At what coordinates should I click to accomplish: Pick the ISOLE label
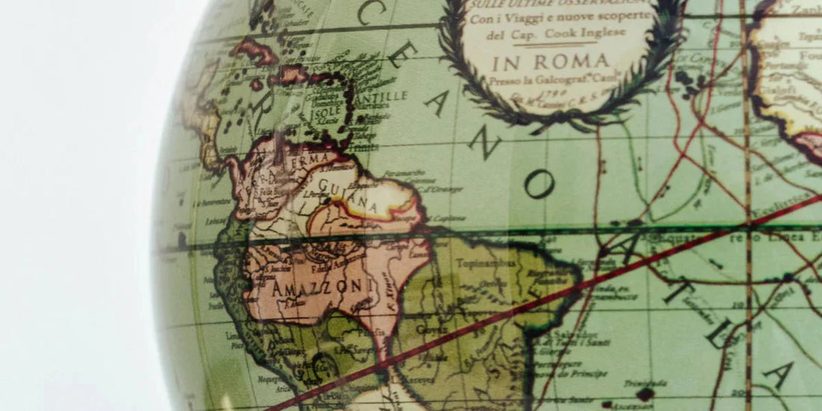pyautogui.click(x=326, y=111)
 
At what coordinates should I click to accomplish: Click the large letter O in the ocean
pyautogui.click(x=539, y=182)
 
